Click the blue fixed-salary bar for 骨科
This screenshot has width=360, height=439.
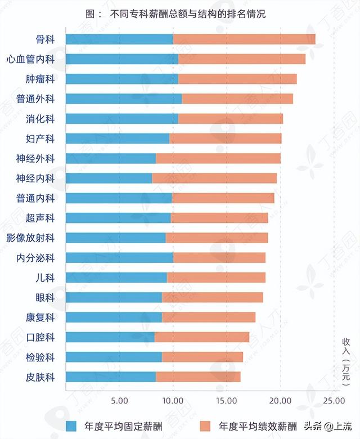[x=119, y=39]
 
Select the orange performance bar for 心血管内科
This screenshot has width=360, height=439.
[x=242, y=59]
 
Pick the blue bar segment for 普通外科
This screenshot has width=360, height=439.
[x=124, y=99]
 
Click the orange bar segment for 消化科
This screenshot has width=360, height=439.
[x=231, y=119]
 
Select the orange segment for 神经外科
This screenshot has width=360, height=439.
[x=218, y=159]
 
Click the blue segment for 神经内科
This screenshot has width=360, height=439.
[x=109, y=178]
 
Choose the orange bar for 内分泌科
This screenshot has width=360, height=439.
[x=219, y=258]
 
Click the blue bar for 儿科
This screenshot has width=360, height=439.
[x=116, y=277]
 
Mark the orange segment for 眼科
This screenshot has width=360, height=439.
[x=213, y=297]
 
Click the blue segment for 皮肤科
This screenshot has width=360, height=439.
[x=111, y=377]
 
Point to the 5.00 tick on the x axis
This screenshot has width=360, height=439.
[x=119, y=400]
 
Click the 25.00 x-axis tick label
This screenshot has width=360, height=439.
[x=334, y=400]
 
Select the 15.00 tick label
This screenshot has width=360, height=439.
[x=226, y=400]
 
